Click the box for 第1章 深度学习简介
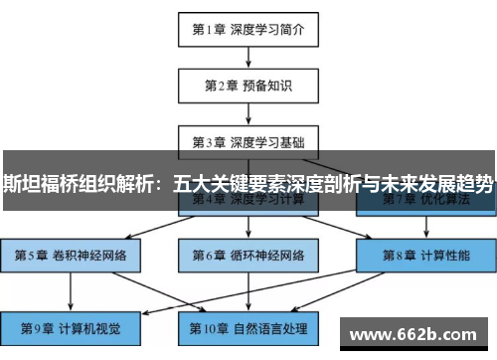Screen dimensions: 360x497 248,29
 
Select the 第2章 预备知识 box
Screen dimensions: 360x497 248,85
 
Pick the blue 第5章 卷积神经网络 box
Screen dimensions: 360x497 70,255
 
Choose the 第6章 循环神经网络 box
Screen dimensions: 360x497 248,255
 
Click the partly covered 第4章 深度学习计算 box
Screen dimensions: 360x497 248,203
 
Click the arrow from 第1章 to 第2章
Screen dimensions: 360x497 248,57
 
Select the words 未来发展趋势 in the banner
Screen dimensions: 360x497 438,181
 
